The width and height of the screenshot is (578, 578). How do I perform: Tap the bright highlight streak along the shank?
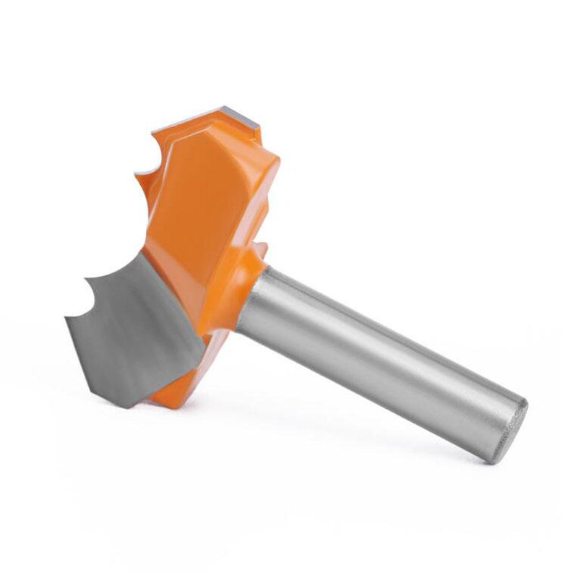390,329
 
